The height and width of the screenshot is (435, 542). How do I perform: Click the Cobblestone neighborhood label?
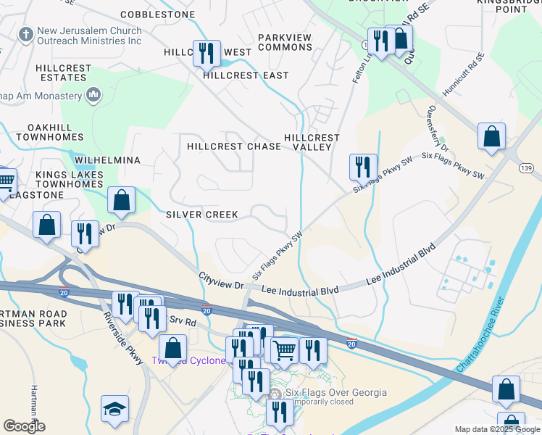[157, 14]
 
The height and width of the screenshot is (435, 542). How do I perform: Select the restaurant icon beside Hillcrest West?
[207, 53]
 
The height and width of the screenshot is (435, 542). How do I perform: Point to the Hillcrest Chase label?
[233, 146]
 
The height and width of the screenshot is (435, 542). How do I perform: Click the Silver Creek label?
[192, 215]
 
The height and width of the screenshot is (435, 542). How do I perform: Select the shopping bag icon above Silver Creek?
[122, 200]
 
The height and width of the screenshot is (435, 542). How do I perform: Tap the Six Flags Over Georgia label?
[336, 393]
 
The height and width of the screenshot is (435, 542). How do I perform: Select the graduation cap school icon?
[114, 409]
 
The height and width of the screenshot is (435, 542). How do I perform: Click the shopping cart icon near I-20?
[284, 349]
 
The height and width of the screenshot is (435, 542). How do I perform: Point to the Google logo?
[24, 426]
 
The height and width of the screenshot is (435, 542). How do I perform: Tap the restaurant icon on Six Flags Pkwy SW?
[362, 167]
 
